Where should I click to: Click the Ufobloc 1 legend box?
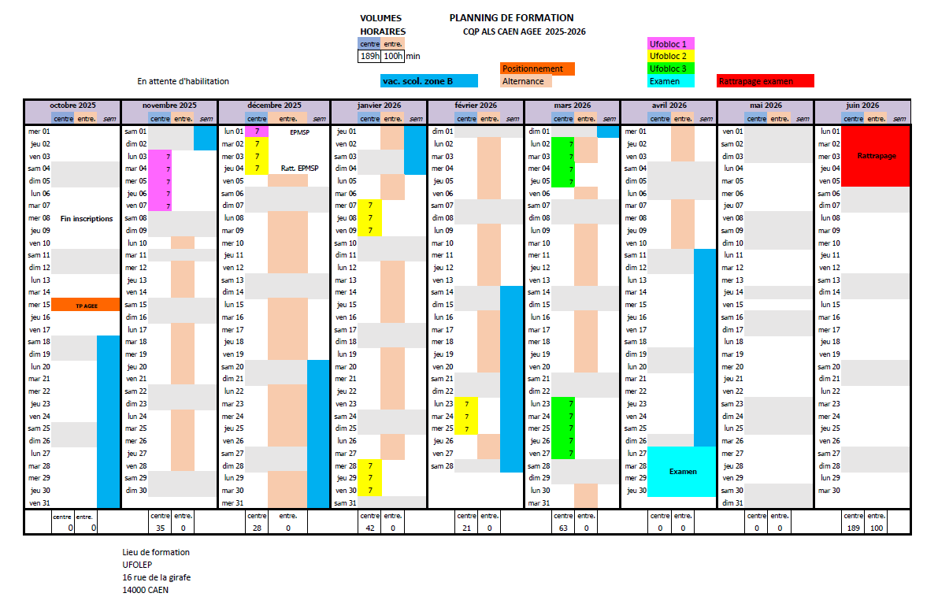pos(670,43)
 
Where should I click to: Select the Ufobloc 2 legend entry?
pos(670,56)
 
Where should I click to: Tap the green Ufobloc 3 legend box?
pos(670,69)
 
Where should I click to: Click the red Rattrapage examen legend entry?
pos(765,81)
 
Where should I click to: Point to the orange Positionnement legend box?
pos(537,69)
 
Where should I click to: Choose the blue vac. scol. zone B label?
pos(429,81)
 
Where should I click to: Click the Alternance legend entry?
pos(526,81)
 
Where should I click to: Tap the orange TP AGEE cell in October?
pos(87,306)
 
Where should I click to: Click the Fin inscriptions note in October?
pos(87,218)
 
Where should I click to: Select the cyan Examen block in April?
pos(682,472)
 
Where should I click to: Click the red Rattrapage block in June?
pos(876,156)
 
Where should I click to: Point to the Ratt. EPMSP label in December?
pos(300,169)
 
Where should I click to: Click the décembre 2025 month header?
pos(275,106)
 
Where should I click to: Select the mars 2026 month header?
pos(573,106)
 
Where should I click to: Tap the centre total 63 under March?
pos(563,528)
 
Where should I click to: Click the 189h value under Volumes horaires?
pos(369,56)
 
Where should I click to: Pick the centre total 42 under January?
pos(370,528)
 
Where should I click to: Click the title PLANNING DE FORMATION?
pos(511,18)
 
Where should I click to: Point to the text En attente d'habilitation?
pos(183,81)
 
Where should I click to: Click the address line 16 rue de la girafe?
pos(157,577)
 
